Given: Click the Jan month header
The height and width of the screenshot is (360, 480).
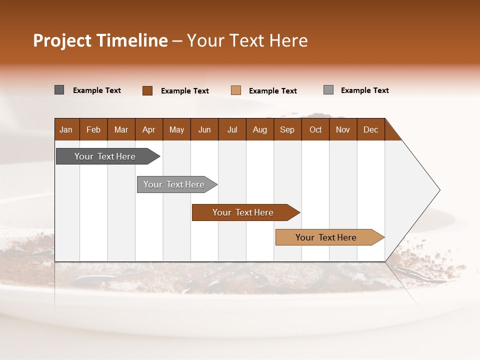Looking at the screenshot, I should [x=66, y=129].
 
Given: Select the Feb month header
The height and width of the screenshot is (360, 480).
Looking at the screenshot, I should [x=93, y=129].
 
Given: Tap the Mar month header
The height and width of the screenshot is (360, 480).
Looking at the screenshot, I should [x=121, y=129].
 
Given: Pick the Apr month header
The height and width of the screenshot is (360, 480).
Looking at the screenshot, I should [x=149, y=129].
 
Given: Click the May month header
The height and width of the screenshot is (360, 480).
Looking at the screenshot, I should [x=176, y=129].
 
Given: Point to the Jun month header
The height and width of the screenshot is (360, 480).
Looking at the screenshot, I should [x=204, y=129].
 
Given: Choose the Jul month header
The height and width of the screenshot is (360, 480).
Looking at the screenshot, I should [x=232, y=129].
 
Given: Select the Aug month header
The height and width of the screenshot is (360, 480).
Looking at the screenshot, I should [x=260, y=129].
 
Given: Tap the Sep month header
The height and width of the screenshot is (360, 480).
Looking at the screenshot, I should [x=287, y=129].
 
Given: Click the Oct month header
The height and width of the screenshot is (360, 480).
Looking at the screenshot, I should [x=315, y=129].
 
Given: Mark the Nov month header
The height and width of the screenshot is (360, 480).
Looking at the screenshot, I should [x=343, y=129].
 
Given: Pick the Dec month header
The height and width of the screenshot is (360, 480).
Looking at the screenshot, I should [x=371, y=129].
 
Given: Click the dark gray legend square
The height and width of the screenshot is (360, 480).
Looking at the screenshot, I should [x=59, y=90].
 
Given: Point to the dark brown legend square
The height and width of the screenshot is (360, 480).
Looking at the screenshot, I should [x=147, y=90].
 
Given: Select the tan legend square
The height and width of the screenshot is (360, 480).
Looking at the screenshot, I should [x=236, y=90].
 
